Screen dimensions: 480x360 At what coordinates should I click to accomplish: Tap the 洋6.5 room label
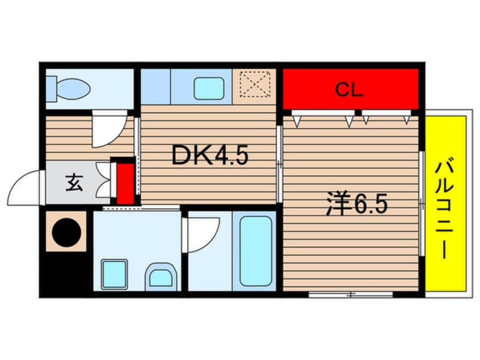click(x=357, y=203)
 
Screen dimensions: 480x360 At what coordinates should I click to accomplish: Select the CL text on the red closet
click(x=349, y=90)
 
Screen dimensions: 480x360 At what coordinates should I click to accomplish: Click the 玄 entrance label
click(x=74, y=183)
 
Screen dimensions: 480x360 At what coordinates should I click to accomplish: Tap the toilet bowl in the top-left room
click(x=73, y=89)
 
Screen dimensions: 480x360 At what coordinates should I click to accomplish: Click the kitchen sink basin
click(x=209, y=89)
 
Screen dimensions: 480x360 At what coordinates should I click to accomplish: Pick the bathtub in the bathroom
click(x=256, y=251)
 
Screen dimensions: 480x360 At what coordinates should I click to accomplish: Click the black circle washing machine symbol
click(x=66, y=232)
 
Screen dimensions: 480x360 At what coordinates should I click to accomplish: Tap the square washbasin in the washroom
click(x=114, y=274)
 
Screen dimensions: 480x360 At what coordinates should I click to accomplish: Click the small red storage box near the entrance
click(x=125, y=183)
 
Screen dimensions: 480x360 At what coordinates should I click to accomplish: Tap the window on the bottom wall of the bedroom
click(x=351, y=295)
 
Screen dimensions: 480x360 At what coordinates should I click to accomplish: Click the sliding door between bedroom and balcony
click(x=422, y=203)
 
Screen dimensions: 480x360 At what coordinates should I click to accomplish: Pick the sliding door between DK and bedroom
click(x=279, y=164)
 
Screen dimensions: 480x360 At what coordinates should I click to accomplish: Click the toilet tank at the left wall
click(x=52, y=89)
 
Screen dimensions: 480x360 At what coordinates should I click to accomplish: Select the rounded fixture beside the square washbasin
click(x=161, y=277)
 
